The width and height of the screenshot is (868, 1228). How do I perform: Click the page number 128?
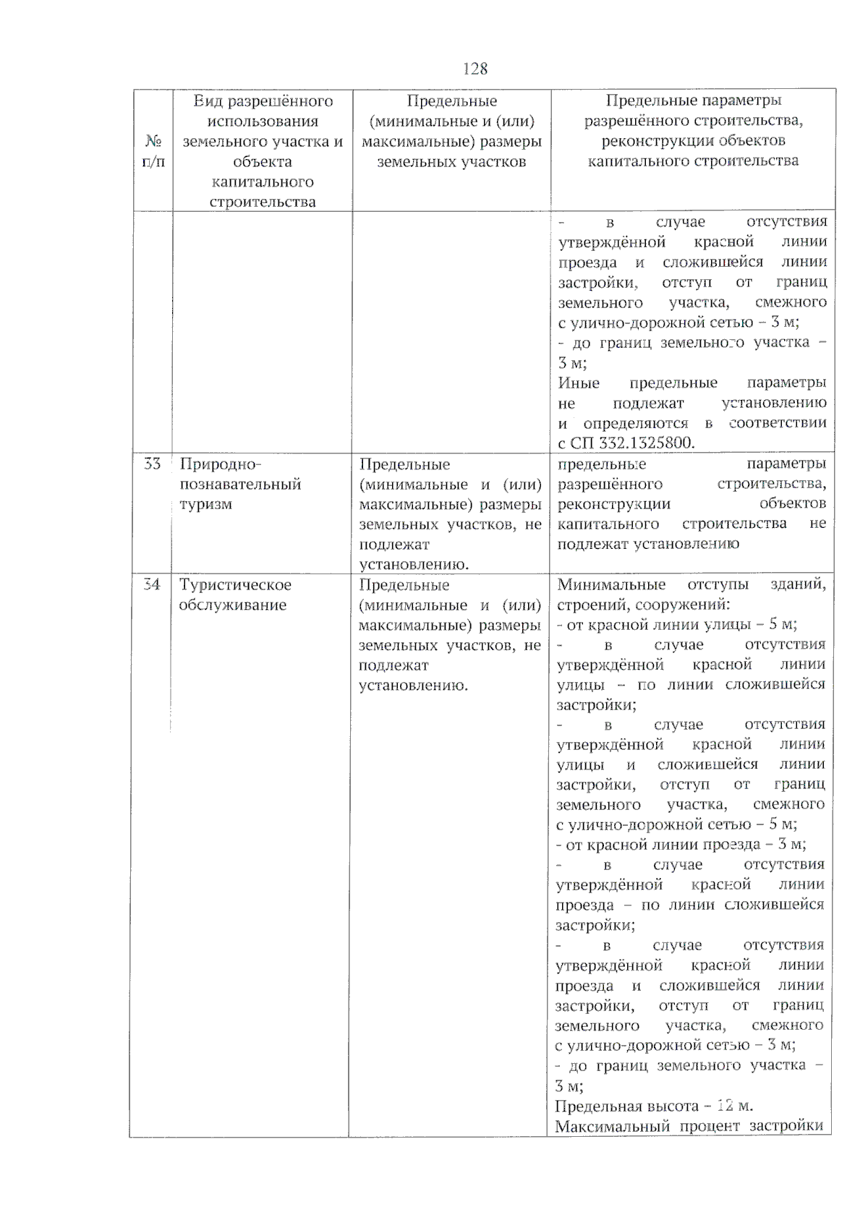(475, 69)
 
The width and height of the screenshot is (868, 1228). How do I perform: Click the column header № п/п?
(153, 150)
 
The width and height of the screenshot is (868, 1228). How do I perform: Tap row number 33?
(152, 464)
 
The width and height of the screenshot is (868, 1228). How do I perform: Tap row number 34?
(151, 584)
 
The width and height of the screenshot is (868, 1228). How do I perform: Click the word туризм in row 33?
(206, 504)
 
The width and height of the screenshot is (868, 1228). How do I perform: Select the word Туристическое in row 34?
(235, 584)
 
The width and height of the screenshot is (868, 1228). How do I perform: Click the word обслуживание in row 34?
(232, 605)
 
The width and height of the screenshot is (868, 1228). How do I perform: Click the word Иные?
(579, 383)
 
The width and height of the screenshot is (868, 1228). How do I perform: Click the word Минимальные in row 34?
(611, 584)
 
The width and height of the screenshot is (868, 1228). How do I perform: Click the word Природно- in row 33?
(220, 464)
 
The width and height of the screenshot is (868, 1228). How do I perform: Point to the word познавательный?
(240, 484)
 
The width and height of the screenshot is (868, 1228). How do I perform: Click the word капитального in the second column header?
(263, 182)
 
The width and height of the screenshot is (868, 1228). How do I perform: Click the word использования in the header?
(263, 121)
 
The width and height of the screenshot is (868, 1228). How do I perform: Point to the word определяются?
(636, 423)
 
